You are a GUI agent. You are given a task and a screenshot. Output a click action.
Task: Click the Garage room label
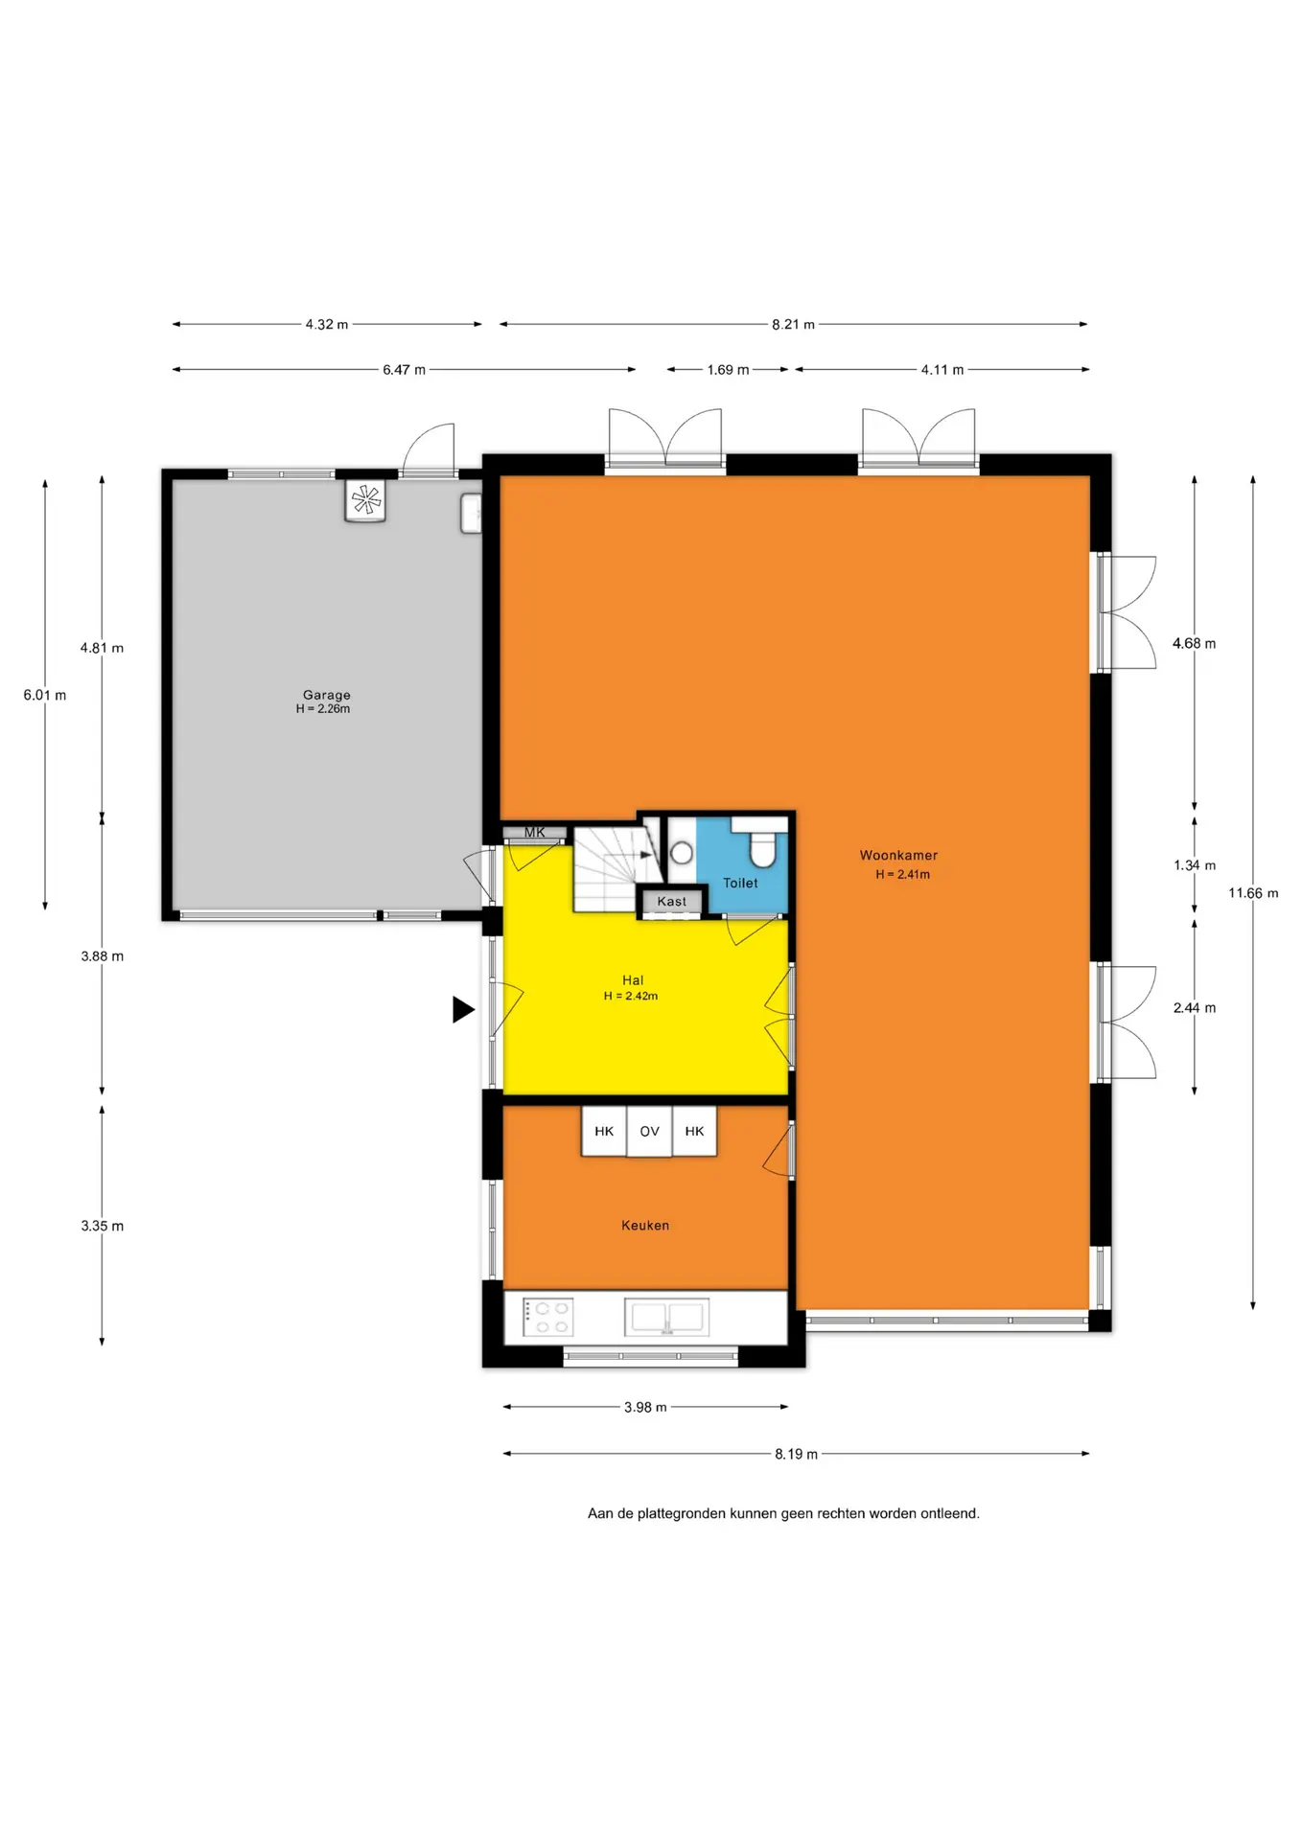(x=326, y=695)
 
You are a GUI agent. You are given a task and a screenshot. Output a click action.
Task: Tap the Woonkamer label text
(x=898, y=855)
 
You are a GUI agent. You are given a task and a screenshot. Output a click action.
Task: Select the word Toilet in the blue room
(x=740, y=883)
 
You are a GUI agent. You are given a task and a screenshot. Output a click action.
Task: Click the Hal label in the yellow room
(x=633, y=980)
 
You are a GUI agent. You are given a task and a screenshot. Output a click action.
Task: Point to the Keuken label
(x=645, y=1225)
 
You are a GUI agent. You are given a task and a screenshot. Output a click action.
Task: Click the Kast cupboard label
(x=672, y=901)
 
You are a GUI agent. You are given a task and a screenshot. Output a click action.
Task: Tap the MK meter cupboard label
(x=534, y=832)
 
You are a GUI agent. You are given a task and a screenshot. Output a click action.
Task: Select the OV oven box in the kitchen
(x=649, y=1131)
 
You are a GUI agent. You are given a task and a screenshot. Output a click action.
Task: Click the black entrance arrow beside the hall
(x=463, y=1009)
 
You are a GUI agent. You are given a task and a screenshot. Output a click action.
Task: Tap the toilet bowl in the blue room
(x=763, y=847)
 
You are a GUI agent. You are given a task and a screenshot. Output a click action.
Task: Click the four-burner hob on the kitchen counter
(x=548, y=1317)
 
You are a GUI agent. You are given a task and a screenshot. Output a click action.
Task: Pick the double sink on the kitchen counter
(x=667, y=1317)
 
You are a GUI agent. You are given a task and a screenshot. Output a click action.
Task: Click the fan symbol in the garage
(x=365, y=499)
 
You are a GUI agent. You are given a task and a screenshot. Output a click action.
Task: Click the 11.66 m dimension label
(x=1253, y=893)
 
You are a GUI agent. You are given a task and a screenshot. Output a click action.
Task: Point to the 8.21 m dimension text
(x=793, y=324)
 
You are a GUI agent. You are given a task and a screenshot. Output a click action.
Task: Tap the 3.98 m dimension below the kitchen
(x=645, y=1407)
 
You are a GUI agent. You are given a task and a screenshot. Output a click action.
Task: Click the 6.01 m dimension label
(x=45, y=695)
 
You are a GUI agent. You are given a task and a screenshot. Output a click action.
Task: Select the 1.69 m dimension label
(x=728, y=369)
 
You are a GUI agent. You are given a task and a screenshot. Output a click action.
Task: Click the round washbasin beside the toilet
(x=682, y=852)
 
